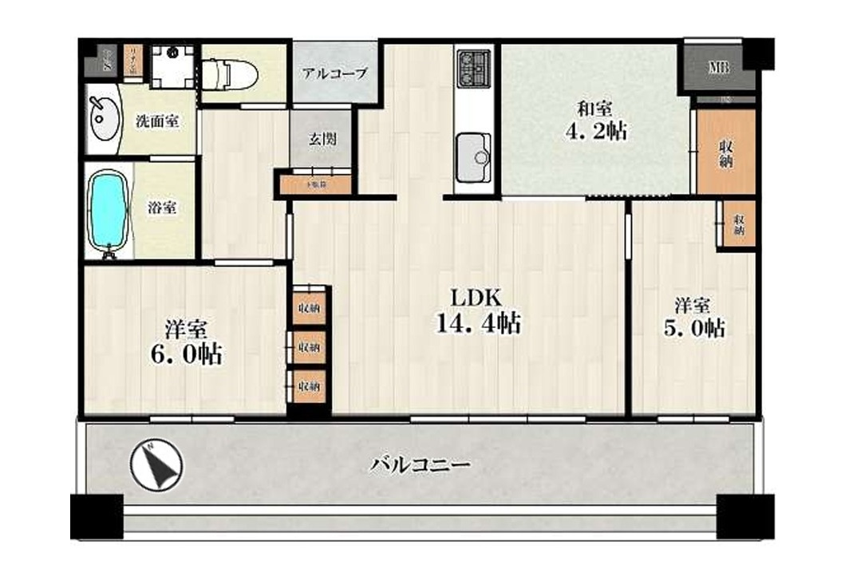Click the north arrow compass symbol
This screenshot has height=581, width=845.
pyautogui.click(x=156, y=466)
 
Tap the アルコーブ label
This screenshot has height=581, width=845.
pyautogui.click(x=334, y=73)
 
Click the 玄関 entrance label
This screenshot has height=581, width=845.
pyautogui.click(x=322, y=138)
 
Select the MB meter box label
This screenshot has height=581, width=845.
pyautogui.click(x=718, y=69)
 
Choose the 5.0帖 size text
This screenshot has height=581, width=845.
pyautogui.click(x=696, y=327)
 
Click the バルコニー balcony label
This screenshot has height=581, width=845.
pyautogui.click(x=420, y=464)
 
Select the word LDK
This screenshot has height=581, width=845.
pyautogui.click(x=476, y=298)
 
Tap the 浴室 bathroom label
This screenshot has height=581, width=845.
pyautogui.click(x=162, y=208)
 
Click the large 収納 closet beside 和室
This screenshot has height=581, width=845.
pyautogui.click(x=726, y=152)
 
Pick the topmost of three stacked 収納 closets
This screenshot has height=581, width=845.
pyautogui.click(x=309, y=308)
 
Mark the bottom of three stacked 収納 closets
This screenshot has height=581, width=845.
pyautogui.click(x=309, y=386)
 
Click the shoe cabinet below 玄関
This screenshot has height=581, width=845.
pyautogui.click(x=317, y=184)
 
